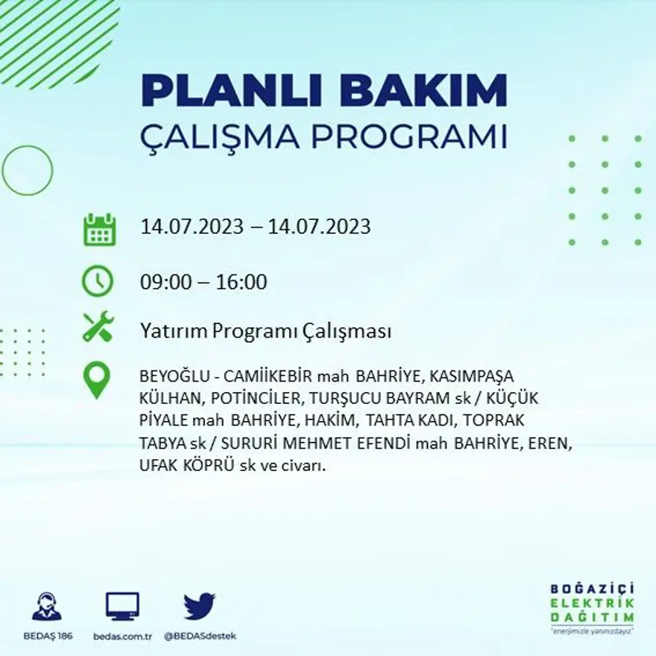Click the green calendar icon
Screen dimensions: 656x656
click(x=98, y=230)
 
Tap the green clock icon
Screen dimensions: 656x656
click(x=98, y=282)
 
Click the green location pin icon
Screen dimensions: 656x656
click(x=97, y=379)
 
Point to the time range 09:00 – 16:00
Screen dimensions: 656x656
click(x=204, y=283)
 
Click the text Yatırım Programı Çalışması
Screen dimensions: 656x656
click(x=265, y=332)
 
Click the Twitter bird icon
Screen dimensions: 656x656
click(x=199, y=606)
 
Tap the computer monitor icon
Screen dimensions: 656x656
click(x=122, y=606)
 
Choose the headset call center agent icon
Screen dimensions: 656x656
click(x=48, y=606)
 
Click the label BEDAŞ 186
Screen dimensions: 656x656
click(x=48, y=636)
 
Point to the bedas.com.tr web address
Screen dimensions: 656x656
click(x=123, y=636)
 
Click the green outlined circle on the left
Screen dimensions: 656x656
click(x=28, y=170)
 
